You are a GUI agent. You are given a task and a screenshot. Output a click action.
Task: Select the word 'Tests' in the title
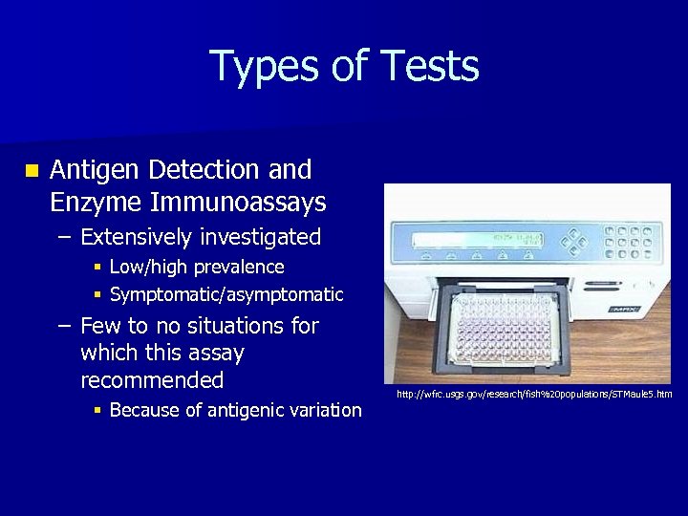coord(429,67)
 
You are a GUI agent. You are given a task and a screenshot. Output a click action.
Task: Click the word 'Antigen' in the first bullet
coord(91,171)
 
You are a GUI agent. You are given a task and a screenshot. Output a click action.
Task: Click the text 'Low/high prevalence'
coord(197,268)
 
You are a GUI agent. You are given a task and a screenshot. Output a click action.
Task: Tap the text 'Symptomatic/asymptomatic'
coord(226,295)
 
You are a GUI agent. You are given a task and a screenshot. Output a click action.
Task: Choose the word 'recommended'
coord(152,381)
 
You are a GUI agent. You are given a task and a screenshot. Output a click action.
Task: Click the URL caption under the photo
coord(534,395)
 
